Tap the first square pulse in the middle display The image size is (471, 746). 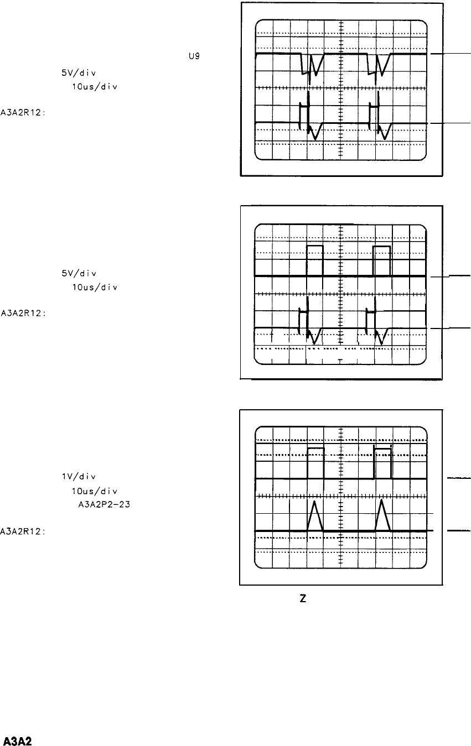click(315, 259)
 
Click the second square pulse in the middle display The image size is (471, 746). click(382, 259)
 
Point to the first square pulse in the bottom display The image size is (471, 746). click(315, 462)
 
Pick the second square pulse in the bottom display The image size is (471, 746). click(383, 462)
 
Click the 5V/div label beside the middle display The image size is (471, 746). click(72, 273)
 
